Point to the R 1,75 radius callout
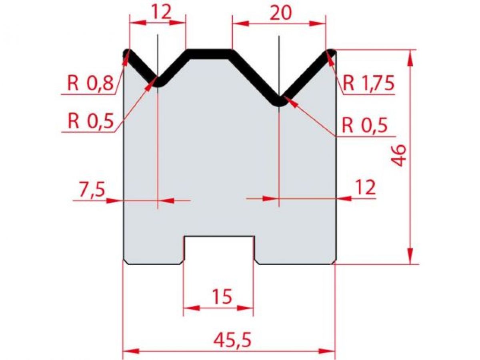pyautogui.click(x=369, y=84)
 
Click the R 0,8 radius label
pyautogui.click(x=90, y=84)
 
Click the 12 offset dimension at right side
pyautogui.click(x=364, y=187)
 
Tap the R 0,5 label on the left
pyautogui.click(x=90, y=121)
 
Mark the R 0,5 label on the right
pyautogui.click(x=364, y=126)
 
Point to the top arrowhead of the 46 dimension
pyautogui.click(x=410, y=56)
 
